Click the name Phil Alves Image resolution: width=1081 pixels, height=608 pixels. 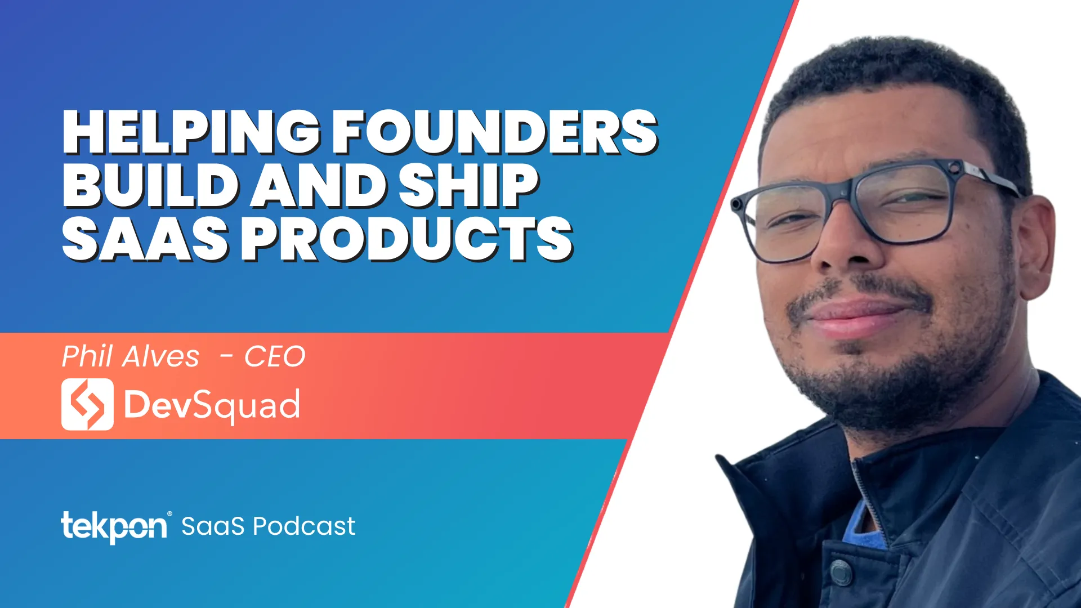coord(130,356)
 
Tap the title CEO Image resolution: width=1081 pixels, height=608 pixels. coord(275,357)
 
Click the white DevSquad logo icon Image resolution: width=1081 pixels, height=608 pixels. coord(87,404)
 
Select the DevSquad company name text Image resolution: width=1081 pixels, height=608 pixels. coord(212,405)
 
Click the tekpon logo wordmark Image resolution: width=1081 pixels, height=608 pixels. coord(114,527)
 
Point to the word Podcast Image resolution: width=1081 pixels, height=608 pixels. coord(304,526)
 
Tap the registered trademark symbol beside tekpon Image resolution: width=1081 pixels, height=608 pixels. coord(169,514)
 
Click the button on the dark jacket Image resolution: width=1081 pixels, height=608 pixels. coord(840,571)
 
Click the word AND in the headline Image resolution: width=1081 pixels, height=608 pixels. coord(319,185)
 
